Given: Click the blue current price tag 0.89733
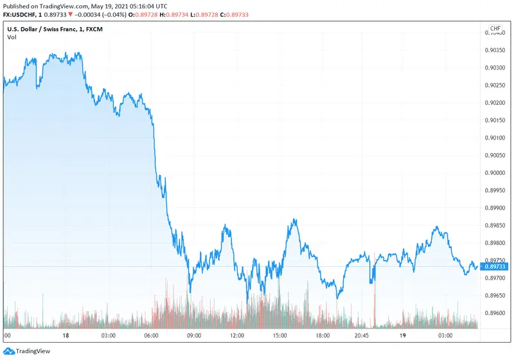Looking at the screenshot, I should (496, 266).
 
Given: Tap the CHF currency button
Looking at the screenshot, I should (495, 29).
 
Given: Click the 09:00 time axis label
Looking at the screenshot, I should (194, 335).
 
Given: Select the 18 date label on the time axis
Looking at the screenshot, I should (66, 335).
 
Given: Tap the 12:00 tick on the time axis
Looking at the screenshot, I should (237, 335).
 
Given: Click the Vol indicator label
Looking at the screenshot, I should (12, 37).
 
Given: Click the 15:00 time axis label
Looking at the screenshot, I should (280, 335).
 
